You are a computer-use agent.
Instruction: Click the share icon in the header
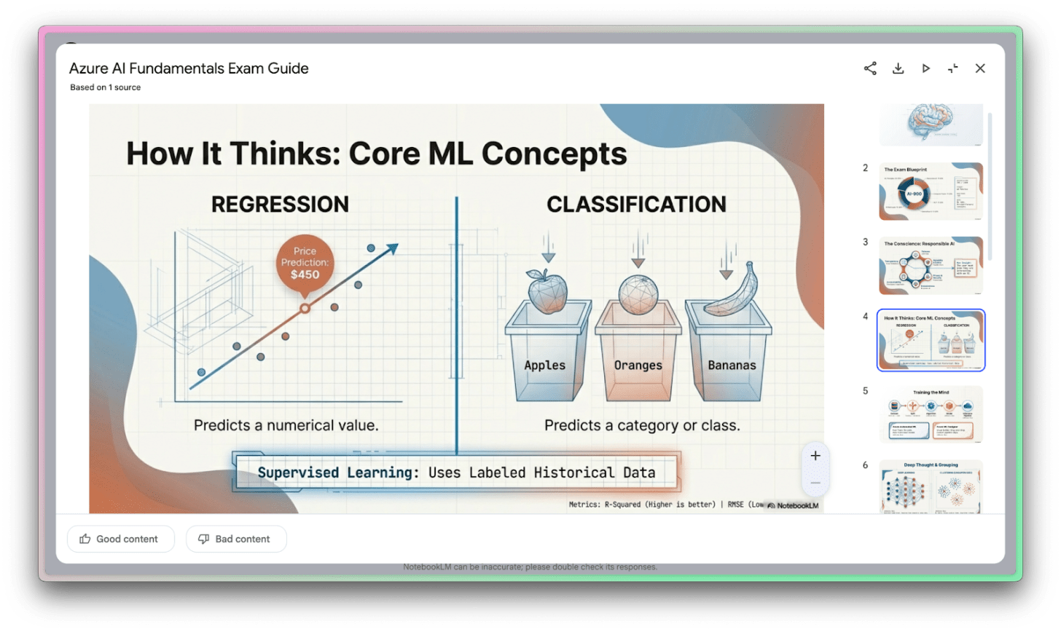click(x=870, y=68)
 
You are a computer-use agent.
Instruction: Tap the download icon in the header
click(x=898, y=68)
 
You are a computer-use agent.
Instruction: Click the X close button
click(x=980, y=68)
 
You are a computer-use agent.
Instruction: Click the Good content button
click(x=121, y=539)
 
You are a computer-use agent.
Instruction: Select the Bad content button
click(x=236, y=539)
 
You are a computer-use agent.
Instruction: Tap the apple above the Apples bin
click(x=547, y=291)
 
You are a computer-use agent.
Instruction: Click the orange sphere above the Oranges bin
click(x=638, y=294)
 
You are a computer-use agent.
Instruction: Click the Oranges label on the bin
click(x=638, y=366)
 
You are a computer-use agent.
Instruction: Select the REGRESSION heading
click(x=280, y=205)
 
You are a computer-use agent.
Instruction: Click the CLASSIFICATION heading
click(x=636, y=205)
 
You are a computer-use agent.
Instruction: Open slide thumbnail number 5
click(x=931, y=414)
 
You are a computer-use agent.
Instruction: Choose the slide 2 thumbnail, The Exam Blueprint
click(x=931, y=191)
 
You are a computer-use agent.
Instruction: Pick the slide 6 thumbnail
click(x=931, y=486)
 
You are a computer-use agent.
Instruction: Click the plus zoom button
click(x=815, y=457)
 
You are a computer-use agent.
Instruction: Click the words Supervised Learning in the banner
click(x=338, y=473)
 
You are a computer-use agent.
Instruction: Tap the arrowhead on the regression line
click(x=392, y=249)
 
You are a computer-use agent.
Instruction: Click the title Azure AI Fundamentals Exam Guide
click(x=189, y=68)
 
